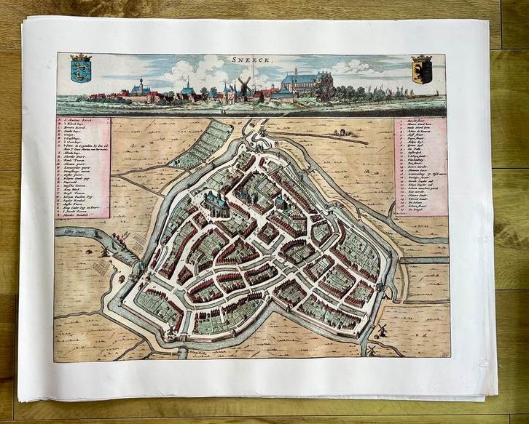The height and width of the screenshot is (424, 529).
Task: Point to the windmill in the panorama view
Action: coord(244,84)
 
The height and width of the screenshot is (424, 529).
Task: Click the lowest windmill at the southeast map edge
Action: coord(370,350)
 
